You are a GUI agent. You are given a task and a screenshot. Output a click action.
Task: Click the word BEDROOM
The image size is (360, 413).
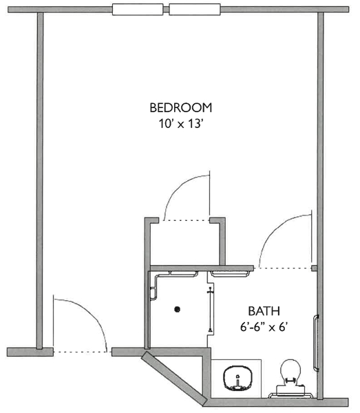(180, 108)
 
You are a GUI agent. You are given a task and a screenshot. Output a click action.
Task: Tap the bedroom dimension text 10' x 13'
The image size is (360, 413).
(180, 123)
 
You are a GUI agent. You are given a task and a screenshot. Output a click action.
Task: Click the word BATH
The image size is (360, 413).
(264, 311)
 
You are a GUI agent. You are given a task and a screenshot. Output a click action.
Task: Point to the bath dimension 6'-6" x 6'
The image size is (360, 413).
(264, 327)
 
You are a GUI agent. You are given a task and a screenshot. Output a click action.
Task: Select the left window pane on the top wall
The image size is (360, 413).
(138, 10)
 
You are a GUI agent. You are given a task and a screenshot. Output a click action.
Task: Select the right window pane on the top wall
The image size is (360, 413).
(195, 10)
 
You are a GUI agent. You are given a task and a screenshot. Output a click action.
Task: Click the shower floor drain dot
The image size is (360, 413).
(177, 309)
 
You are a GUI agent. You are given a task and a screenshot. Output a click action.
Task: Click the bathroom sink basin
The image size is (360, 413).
(237, 378)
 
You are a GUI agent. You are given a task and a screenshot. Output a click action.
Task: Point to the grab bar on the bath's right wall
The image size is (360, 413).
(315, 343)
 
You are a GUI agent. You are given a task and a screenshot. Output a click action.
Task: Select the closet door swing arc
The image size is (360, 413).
(182, 184)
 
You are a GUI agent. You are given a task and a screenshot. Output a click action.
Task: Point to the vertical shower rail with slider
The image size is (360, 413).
(210, 310)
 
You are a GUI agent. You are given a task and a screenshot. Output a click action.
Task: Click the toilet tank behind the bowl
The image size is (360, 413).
(290, 390)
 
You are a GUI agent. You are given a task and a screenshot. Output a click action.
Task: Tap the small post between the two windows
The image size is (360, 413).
(166, 10)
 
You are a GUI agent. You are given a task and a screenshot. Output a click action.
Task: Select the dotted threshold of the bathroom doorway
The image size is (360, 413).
(283, 268)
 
